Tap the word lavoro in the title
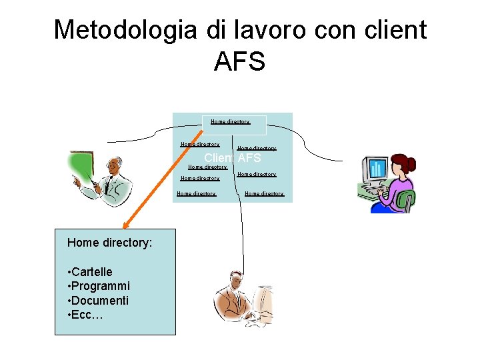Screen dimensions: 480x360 270,31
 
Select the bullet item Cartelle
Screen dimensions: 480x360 92,271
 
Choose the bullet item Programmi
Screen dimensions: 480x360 101,286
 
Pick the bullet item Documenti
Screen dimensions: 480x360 100,301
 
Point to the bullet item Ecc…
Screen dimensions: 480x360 87,315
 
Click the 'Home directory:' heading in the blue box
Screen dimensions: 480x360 109,243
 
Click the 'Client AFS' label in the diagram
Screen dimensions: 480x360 232,158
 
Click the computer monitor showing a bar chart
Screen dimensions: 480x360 375,170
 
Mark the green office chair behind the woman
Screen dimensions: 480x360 407,199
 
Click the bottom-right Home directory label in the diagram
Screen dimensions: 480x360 264,193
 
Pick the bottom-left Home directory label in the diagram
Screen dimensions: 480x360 196,193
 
